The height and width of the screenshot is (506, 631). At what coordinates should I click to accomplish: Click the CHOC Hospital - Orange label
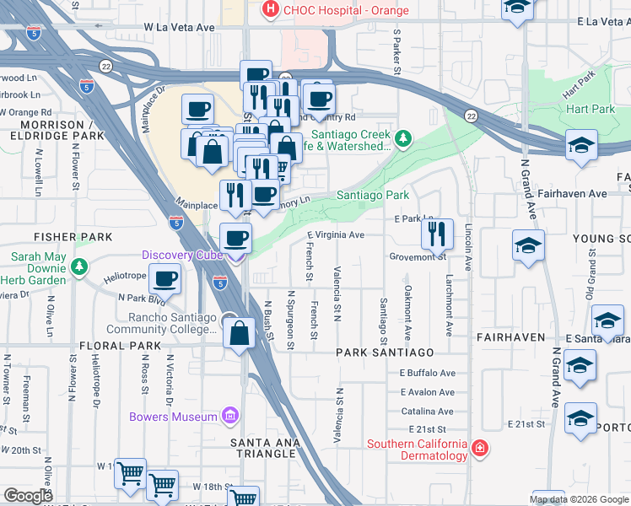tap(346, 11)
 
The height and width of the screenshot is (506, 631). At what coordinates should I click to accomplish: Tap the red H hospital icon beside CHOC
tap(271, 10)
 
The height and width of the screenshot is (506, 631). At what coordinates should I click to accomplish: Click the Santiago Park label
tap(373, 195)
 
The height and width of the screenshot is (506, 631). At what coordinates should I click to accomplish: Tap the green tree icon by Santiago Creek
tap(404, 137)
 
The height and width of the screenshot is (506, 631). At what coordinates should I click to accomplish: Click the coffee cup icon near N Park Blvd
tap(165, 279)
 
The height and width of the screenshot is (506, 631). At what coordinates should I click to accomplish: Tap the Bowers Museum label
tap(173, 417)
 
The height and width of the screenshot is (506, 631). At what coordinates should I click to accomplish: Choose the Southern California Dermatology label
tap(417, 449)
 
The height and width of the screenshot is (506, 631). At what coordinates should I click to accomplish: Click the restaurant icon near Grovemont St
tap(437, 234)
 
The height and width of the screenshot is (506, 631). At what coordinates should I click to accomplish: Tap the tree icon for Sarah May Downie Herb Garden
tap(80, 267)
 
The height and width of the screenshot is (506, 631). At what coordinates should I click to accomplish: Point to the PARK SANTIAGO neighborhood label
tap(385, 352)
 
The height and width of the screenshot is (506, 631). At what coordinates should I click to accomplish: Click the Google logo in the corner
tap(28, 496)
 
